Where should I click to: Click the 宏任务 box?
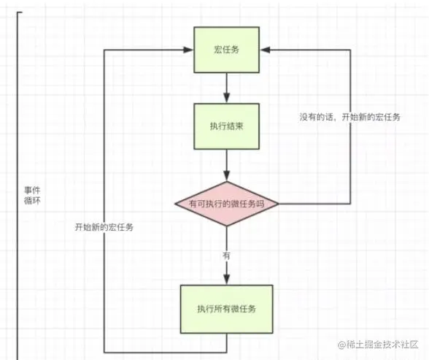click(226, 50)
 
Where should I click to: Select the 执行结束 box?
click(226, 125)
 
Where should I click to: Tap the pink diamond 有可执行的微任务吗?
click(227, 204)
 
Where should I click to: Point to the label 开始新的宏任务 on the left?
click(104, 227)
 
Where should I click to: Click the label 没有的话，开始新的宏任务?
click(349, 117)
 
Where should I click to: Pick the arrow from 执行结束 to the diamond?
click(226, 164)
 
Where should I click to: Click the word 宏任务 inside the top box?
click(226, 50)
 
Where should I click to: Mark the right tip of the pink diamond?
click(279, 204)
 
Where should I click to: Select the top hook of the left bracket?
click(20, 12)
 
